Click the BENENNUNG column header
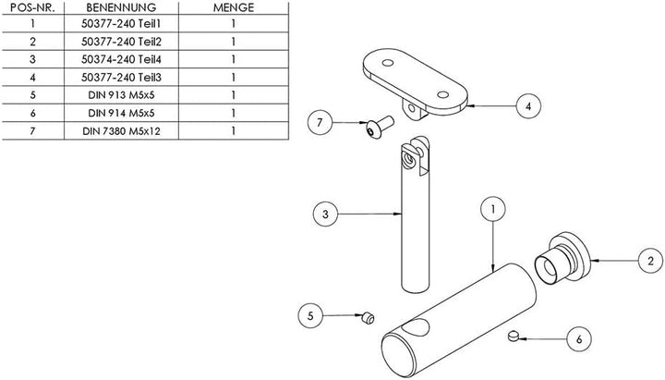pos(121,7)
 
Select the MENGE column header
pos(234,7)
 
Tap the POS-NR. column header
pos(32,7)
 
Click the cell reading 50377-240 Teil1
pos(121,24)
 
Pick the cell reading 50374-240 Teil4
pos(121,59)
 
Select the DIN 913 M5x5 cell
pos(121,95)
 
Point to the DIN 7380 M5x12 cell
pos(121,131)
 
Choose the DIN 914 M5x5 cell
pos(121,113)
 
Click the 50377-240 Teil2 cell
pos(121,42)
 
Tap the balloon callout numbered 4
pos(528,106)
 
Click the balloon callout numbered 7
pos(320,122)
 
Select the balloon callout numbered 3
pos(325,214)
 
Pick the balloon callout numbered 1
pos(493,209)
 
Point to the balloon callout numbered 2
pos(650,261)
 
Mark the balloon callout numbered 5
pos(310,315)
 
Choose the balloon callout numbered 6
pos(579,338)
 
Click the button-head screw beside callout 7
pos(380,127)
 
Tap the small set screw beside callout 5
pos(369,318)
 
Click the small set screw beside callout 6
pos(514,336)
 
